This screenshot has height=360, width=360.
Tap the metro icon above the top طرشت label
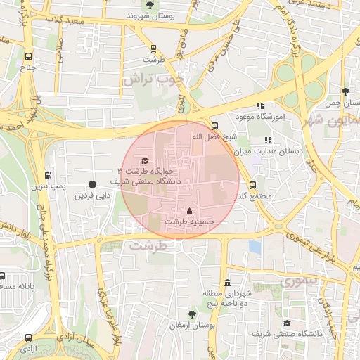tap(153, 49)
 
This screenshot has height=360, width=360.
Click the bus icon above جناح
tap(28, 57)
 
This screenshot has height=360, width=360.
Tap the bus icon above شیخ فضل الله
tap(214, 127)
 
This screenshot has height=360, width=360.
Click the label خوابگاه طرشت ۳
tap(145, 171)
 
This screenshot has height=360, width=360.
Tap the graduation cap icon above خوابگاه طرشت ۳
tap(145, 161)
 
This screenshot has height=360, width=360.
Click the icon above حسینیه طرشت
tap(188, 211)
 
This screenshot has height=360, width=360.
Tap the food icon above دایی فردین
tap(92, 184)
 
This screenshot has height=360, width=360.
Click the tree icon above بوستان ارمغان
tap(193, 314)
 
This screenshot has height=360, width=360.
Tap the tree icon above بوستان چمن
tap(345, 91)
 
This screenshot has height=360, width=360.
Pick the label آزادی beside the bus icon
tap(28, 348)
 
